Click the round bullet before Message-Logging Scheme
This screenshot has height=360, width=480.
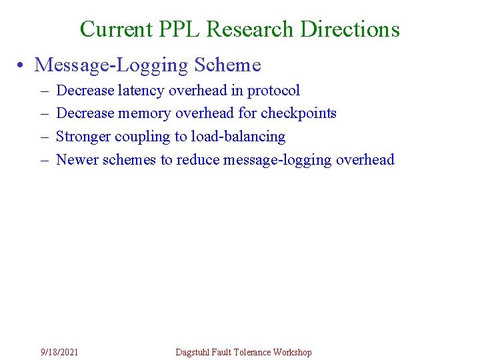point(22,65)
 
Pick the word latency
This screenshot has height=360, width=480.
point(143,91)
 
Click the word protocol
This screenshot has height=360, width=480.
point(274,91)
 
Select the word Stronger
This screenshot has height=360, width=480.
point(83,137)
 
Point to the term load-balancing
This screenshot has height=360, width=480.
point(238,137)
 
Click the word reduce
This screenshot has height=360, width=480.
point(199,160)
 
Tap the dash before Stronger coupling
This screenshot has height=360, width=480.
point(43,137)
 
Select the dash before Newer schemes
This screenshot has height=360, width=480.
point(43,160)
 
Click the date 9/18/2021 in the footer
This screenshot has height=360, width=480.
point(59,352)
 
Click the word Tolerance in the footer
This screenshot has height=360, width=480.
point(251,352)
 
